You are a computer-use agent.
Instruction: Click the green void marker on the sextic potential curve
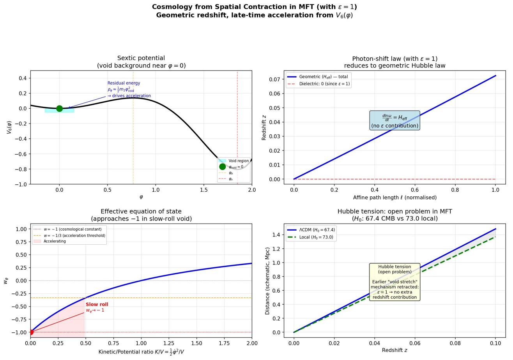pos(59,108)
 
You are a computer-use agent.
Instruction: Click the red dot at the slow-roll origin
pos(30,332)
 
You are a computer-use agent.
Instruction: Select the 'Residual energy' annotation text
pos(124,83)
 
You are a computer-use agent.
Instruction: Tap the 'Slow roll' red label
pos(97,305)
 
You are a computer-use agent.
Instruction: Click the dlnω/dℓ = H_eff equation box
pos(394,120)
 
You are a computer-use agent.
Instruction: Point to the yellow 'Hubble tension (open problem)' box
pos(394,282)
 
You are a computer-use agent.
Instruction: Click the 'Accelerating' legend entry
pos(55,242)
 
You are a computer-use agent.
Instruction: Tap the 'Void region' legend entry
pos(238,161)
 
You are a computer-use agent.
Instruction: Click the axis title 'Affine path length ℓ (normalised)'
pos(394,198)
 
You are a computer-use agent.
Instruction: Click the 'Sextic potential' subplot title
pos(141,58)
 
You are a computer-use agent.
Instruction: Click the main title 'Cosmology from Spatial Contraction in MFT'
pos(254,7)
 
